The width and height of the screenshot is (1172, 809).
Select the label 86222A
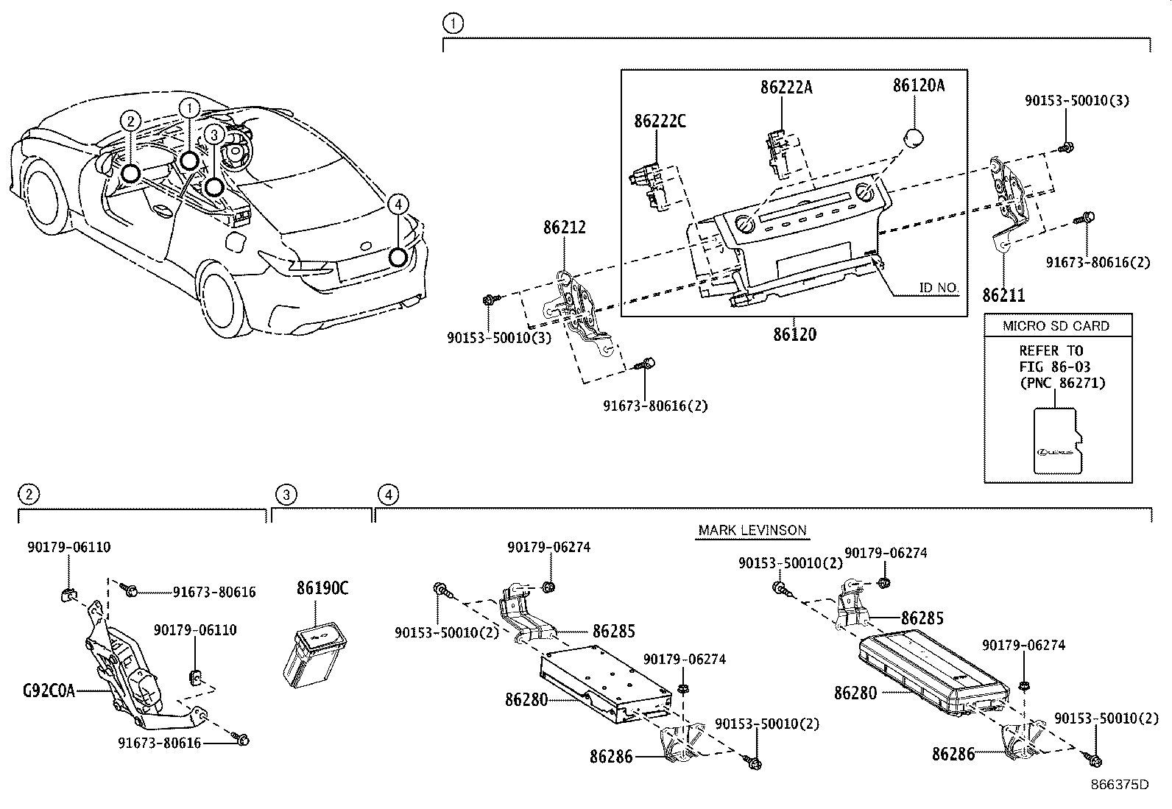(786, 88)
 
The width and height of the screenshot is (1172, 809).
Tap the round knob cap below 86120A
(914, 138)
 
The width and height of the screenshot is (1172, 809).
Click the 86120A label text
(918, 85)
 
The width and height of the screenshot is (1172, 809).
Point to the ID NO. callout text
(938, 288)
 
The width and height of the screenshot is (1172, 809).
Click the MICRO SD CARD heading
(1056, 326)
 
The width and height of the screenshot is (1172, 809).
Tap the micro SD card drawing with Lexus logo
(1059, 441)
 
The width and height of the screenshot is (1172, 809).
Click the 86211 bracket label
(1003, 296)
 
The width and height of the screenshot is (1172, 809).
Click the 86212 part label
(565, 228)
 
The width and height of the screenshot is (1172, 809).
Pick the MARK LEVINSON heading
(752, 530)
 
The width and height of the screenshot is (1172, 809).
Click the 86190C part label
(322, 588)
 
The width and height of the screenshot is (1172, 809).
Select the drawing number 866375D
(1120, 784)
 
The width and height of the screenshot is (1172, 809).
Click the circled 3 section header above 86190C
(286, 494)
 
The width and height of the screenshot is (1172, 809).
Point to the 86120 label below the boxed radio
(794, 334)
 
